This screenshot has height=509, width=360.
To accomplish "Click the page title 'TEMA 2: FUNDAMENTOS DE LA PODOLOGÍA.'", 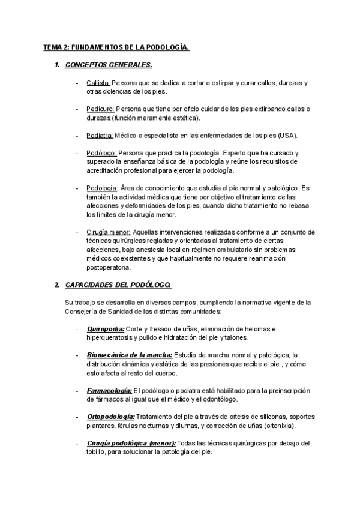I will [116, 46].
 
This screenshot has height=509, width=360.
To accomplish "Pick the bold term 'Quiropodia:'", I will [105, 329].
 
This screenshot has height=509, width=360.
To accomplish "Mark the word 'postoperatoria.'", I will [108, 267].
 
